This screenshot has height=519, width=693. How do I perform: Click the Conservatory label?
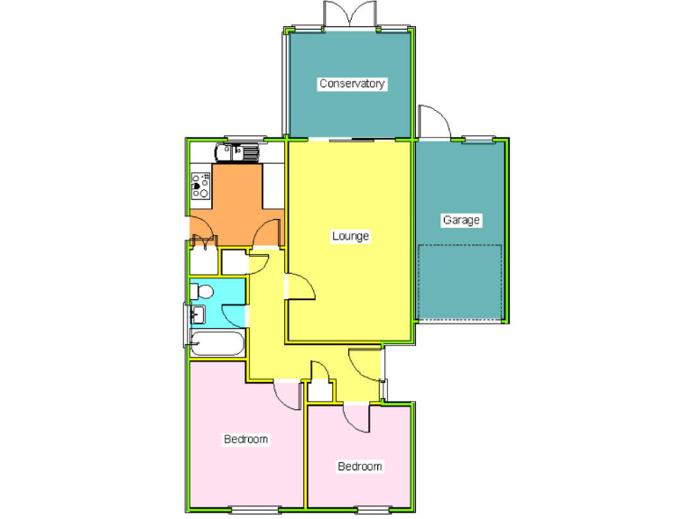click(352, 84)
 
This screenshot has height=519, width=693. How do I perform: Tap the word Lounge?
click(350, 237)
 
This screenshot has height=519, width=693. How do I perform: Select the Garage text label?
click(460, 220)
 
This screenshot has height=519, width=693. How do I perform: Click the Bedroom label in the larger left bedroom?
click(246, 440)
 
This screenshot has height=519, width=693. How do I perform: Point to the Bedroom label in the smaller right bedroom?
click(360, 467)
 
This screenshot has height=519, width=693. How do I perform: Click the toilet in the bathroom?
click(201, 291)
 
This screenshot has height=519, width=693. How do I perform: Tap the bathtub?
click(217, 343)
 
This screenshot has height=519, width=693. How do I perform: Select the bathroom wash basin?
click(198, 314)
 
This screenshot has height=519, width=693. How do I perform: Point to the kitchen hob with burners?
click(200, 187)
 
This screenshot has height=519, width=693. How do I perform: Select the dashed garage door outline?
click(459, 281)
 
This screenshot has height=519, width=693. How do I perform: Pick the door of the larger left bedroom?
click(288, 395)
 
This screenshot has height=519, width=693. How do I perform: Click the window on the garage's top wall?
click(479, 139)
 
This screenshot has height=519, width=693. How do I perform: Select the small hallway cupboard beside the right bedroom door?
click(319, 390)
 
